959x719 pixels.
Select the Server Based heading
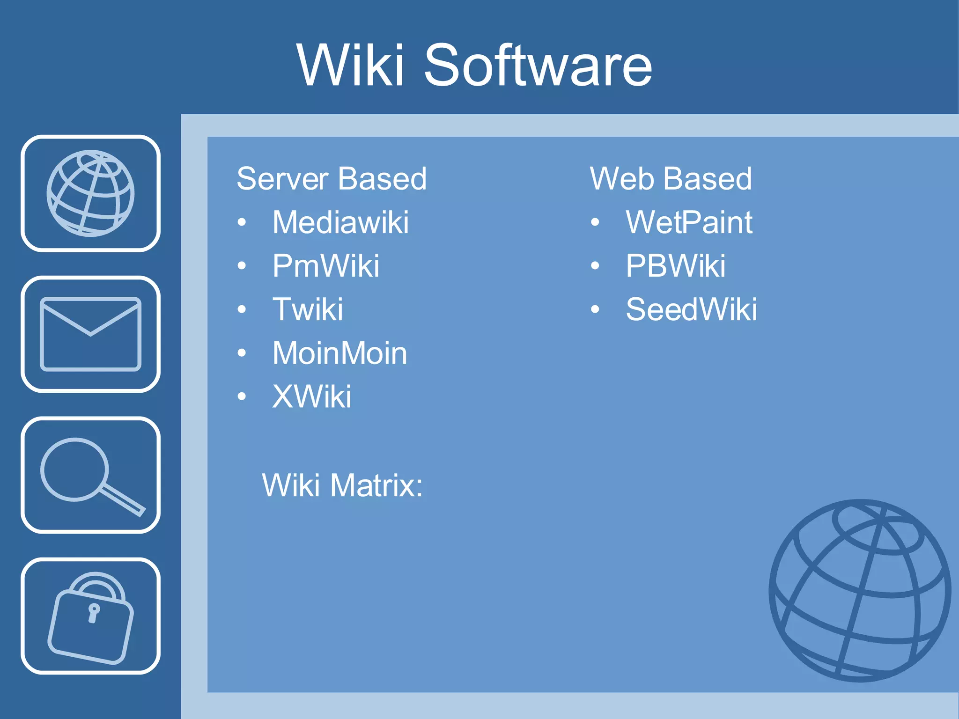[x=332, y=179]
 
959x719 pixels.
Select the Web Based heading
[x=671, y=179]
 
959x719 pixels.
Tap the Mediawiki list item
[x=340, y=222]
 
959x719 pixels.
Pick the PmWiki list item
[x=325, y=266]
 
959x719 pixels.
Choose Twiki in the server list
[x=308, y=309]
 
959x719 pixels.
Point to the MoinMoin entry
[x=339, y=353]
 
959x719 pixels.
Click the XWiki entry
[x=311, y=397]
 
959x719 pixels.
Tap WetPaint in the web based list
[x=689, y=222]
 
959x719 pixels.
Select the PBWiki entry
[x=675, y=266]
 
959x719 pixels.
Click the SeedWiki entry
[x=691, y=309]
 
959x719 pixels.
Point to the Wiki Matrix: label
[x=342, y=485]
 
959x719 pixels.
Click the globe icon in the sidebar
[x=90, y=193]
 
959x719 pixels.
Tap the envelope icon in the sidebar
[x=90, y=334]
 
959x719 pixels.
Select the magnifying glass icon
[x=90, y=475]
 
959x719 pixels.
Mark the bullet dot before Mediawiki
[x=242, y=222]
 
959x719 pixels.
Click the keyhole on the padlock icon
[x=94, y=612]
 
